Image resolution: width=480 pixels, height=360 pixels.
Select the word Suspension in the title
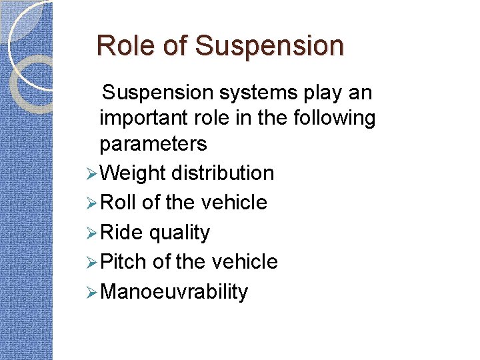tap(269, 46)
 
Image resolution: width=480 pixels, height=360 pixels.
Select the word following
tap(335, 118)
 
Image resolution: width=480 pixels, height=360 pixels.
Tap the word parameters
tap(153, 143)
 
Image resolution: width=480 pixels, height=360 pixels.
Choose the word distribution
tap(223, 173)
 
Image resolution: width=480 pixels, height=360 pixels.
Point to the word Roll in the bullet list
tap(119, 203)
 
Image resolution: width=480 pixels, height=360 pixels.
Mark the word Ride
tap(121, 232)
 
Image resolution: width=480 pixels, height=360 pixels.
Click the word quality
tap(179, 232)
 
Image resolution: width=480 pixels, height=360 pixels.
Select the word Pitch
tap(123, 261)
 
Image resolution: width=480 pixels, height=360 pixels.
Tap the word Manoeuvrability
tap(174, 291)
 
